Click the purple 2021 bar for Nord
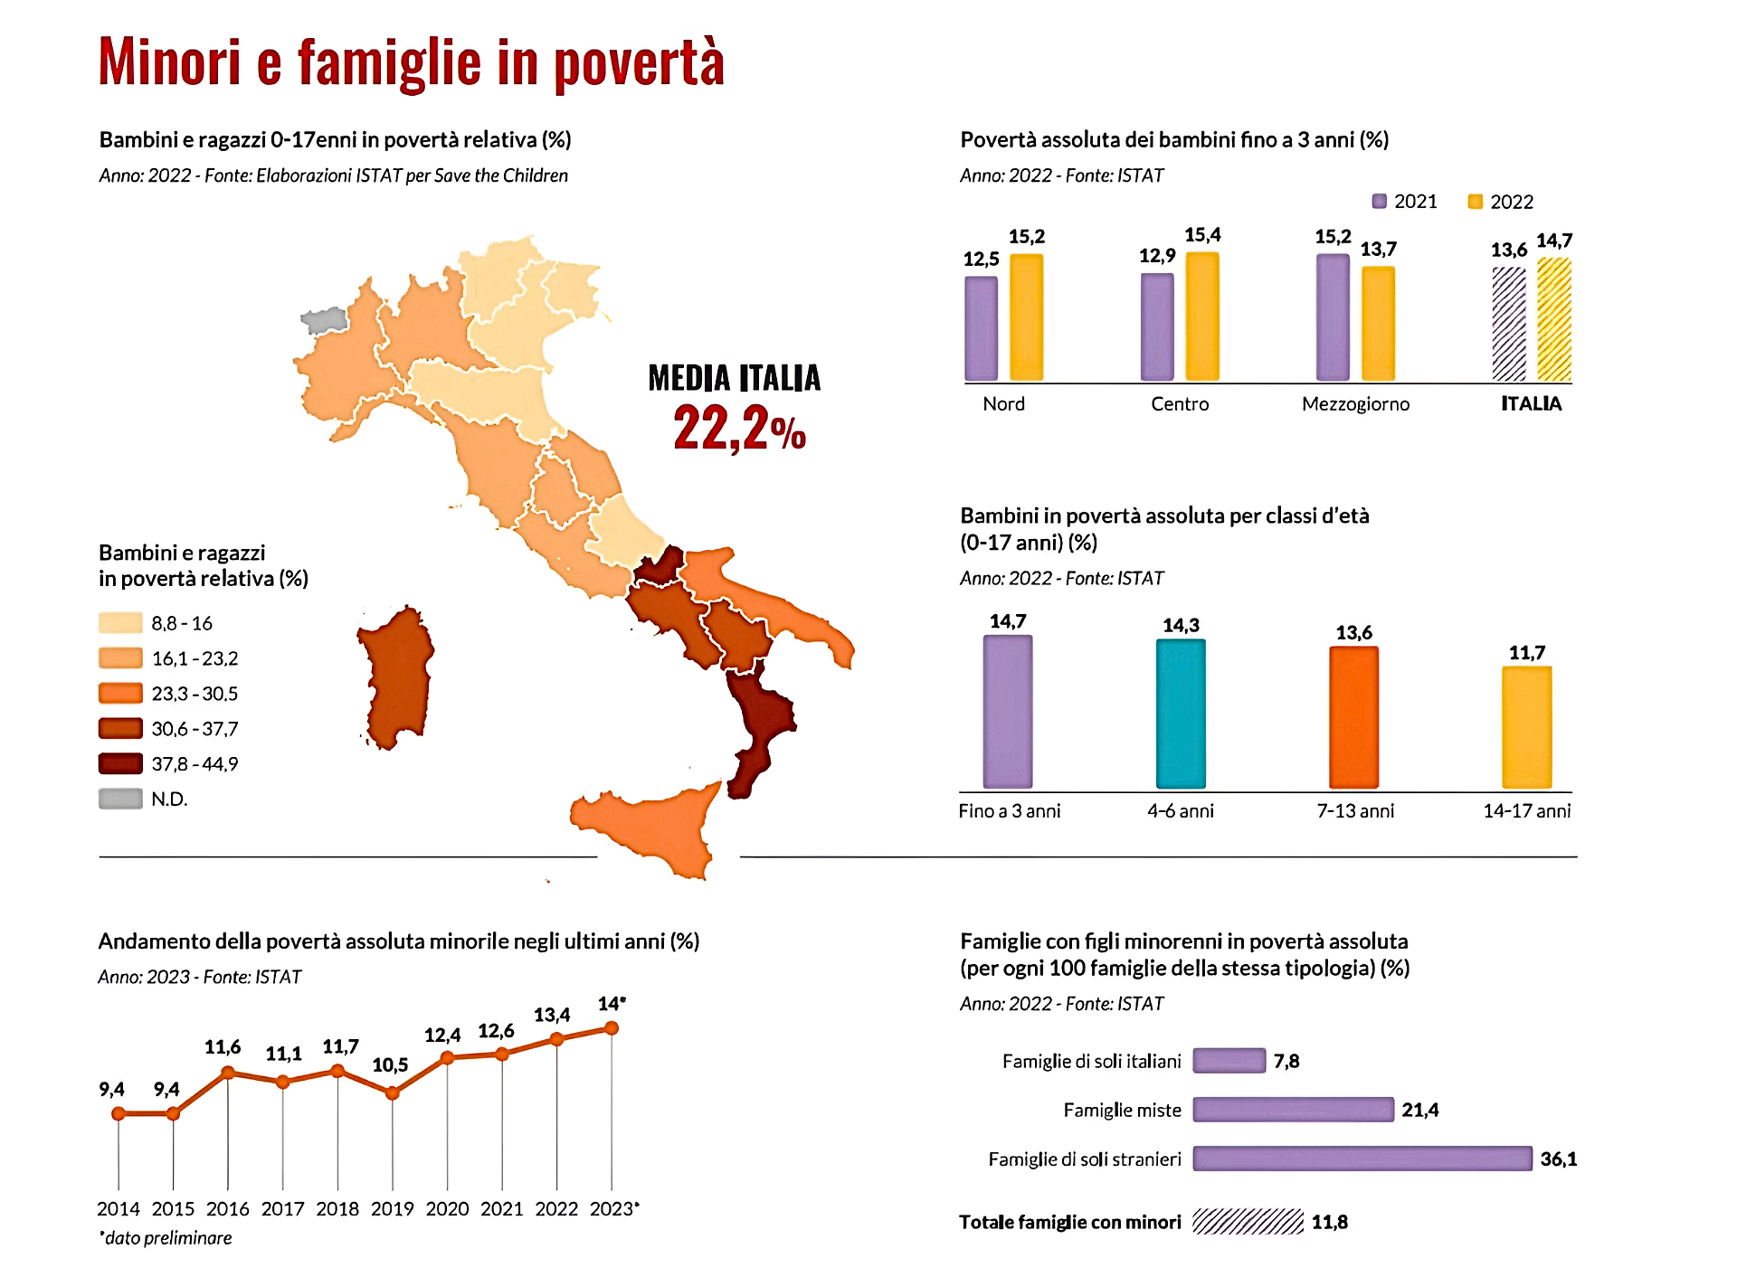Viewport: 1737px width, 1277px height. [x=981, y=328]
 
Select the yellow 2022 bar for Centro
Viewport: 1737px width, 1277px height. [x=1202, y=316]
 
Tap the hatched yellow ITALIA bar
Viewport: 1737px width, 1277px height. [x=1553, y=319]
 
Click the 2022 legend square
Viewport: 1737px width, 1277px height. [x=1475, y=202]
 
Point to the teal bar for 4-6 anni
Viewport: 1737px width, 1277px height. [x=1181, y=714]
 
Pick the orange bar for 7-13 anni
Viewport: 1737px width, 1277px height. [x=1353, y=717]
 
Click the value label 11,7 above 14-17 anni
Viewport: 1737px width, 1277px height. [x=1527, y=652]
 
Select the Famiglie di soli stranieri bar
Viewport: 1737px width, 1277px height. [x=1362, y=1159]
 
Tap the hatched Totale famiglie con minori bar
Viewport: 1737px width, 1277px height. [x=1248, y=1222]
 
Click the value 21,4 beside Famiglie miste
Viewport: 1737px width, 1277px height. [x=1419, y=1110]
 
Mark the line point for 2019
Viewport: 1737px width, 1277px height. [x=393, y=1093]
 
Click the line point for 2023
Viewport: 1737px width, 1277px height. [x=612, y=1028]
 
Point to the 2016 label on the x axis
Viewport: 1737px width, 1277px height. [x=228, y=1209]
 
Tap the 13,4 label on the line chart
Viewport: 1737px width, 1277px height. [x=552, y=1015]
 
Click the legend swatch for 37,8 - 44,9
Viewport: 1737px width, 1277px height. [x=120, y=764]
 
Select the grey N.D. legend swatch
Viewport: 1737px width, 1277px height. [x=120, y=799]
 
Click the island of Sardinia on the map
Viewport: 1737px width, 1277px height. [x=396, y=678]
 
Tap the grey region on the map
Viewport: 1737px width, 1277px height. [x=324, y=320]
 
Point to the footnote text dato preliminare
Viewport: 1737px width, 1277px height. [x=167, y=1238]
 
